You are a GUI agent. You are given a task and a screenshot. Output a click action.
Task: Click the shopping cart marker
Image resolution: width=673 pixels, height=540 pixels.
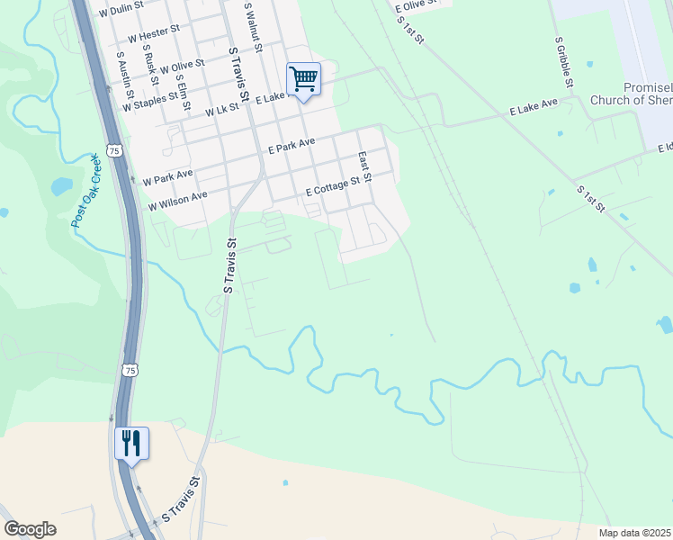[304, 80]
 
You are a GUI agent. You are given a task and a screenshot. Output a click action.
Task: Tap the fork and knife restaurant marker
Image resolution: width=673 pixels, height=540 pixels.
[131, 444]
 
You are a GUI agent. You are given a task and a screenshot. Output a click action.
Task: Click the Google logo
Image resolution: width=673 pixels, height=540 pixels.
[30, 529]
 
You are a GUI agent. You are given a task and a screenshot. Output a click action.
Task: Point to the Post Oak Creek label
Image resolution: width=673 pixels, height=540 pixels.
[86, 191]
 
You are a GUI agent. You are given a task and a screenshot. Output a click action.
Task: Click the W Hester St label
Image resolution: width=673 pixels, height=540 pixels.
[154, 40]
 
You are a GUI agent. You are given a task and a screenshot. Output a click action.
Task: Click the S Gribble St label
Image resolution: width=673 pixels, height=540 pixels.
[564, 62]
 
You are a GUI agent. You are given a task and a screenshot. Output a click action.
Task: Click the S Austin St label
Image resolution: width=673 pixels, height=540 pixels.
[125, 75]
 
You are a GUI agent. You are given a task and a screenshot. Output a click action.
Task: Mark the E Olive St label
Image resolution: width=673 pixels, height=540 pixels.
[416, 4]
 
